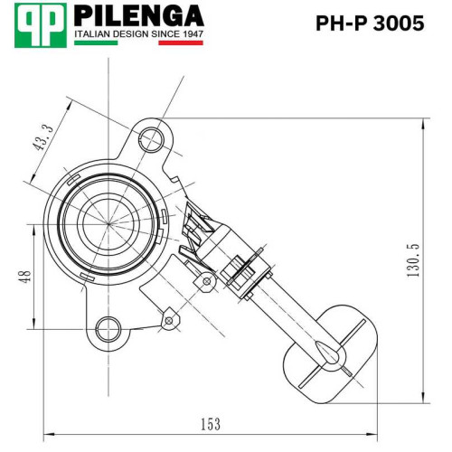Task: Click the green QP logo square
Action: pyautogui.click(x=41, y=25)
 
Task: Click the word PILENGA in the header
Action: pyautogui.click(x=139, y=16)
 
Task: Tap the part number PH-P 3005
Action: pyautogui.click(x=370, y=24)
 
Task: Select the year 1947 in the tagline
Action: pyautogui.click(x=193, y=34)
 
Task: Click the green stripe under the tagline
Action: pyautogui.click(x=96, y=42)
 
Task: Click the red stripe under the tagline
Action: pyautogui.click(x=181, y=42)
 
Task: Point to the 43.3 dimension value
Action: pyautogui.click(x=43, y=137)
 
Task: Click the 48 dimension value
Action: pyautogui.click(x=25, y=277)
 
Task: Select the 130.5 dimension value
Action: pyautogui.click(x=413, y=260)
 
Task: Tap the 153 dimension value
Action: pyautogui.click(x=211, y=424)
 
